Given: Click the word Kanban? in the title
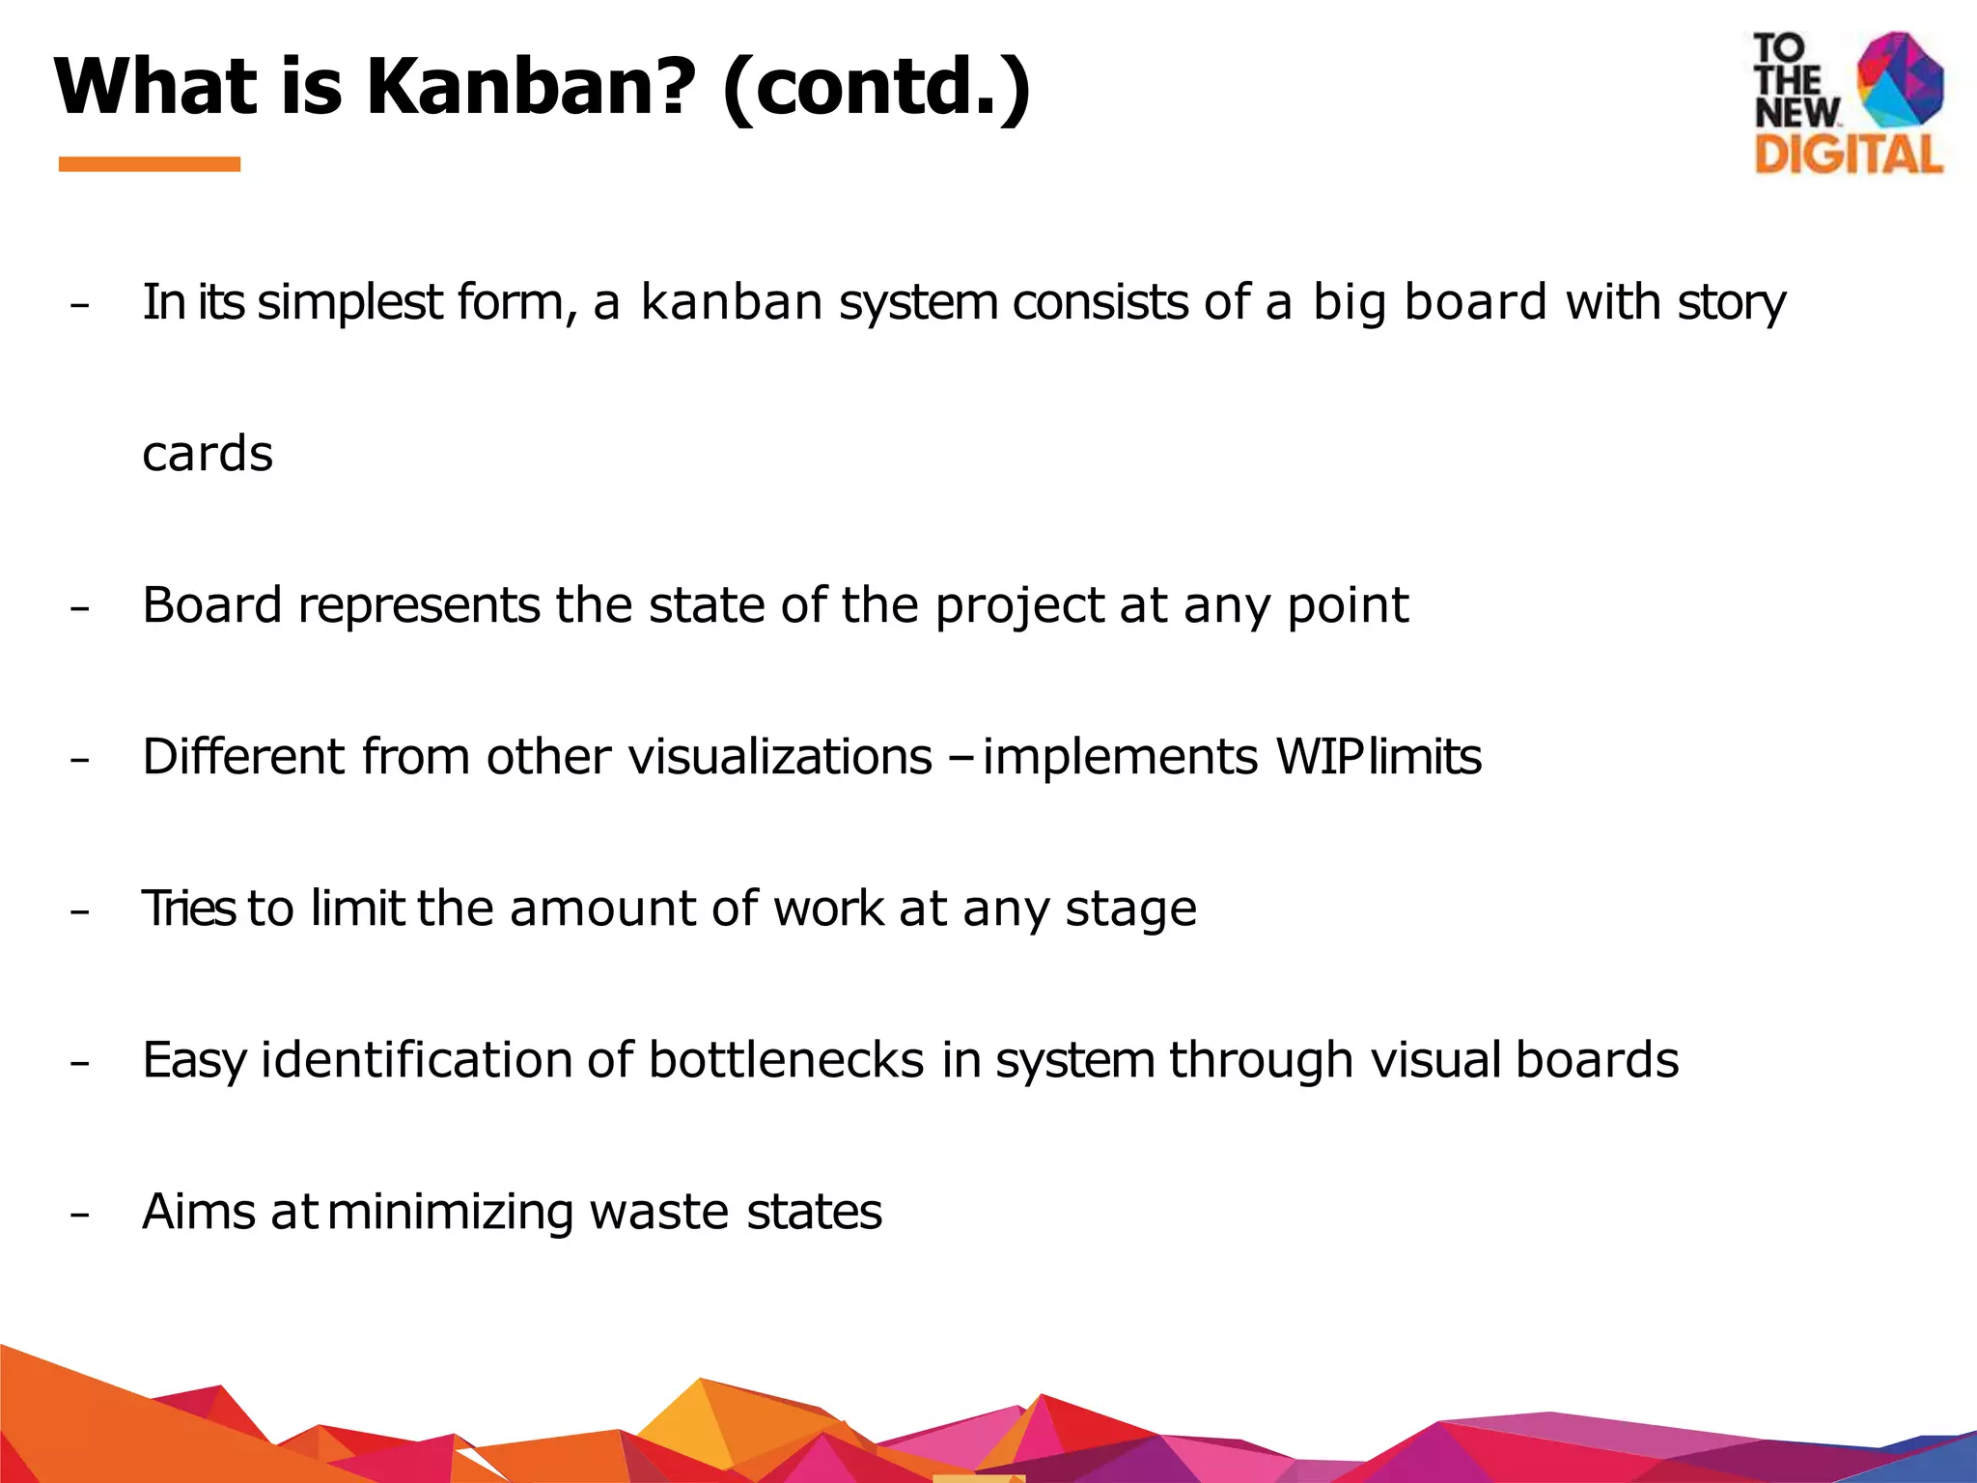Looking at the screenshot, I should pyautogui.click(x=531, y=87).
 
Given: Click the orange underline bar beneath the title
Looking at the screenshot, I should pyautogui.click(x=150, y=164).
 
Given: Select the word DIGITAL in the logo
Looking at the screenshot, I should pyautogui.click(x=1848, y=155).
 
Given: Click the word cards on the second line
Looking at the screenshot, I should pyautogui.click(x=208, y=454).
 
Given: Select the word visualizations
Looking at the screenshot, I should pyautogui.click(x=780, y=757).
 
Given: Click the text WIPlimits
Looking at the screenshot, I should pyautogui.click(x=1378, y=757).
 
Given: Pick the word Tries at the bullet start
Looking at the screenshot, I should pyautogui.click(x=188, y=909).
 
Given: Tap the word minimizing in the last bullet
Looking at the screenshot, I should pyautogui.click(x=451, y=1213).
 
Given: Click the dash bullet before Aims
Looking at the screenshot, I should pyautogui.click(x=80, y=1215).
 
